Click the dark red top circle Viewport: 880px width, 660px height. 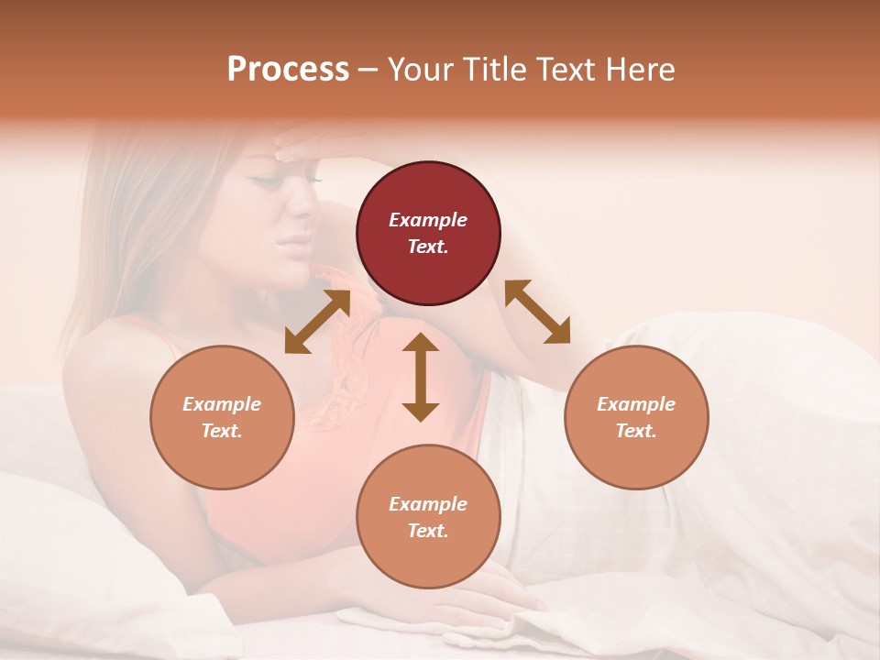click(x=428, y=233)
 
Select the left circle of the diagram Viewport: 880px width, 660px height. click(x=222, y=417)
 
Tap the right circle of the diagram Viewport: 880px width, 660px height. click(x=636, y=417)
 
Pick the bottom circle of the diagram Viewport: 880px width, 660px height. click(x=428, y=517)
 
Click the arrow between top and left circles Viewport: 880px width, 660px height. click(x=317, y=322)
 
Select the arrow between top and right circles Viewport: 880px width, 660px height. click(x=537, y=312)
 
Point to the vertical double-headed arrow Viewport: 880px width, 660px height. click(x=421, y=377)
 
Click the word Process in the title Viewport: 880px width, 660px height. click(x=288, y=70)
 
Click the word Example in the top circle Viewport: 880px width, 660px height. click(x=428, y=220)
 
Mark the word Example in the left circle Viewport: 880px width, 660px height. click(x=222, y=404)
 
